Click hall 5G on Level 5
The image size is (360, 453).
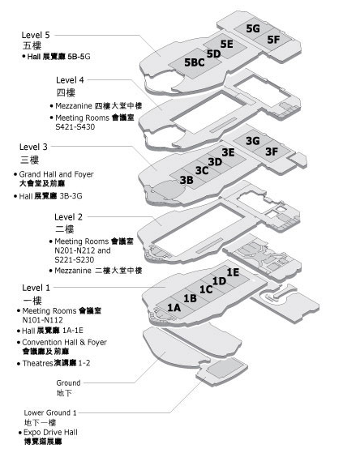point(253,28)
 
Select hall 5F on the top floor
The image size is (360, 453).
point(273,40)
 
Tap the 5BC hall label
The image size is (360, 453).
point(195,62)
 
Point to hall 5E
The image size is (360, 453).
point(227,44)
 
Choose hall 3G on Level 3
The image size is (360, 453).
point(253,141)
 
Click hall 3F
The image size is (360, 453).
point(272,152)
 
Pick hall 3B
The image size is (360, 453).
point(186,180)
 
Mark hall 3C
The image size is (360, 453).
point(202,170)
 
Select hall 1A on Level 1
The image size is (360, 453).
point(174,308)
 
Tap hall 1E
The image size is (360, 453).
point(233,272)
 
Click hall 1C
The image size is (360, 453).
point(206,289)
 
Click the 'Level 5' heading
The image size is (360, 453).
point(36,35)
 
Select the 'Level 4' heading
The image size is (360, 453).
point(70,80)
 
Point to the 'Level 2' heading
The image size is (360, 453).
point(69,217)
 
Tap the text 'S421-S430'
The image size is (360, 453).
point(75,127)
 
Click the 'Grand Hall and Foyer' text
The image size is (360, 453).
point(57,174)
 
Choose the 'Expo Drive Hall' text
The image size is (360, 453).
point(50,433)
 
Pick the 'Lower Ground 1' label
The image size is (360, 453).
point(50,412)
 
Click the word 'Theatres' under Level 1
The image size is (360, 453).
point(37,363)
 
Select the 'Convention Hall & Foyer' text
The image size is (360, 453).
point(65,342)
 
